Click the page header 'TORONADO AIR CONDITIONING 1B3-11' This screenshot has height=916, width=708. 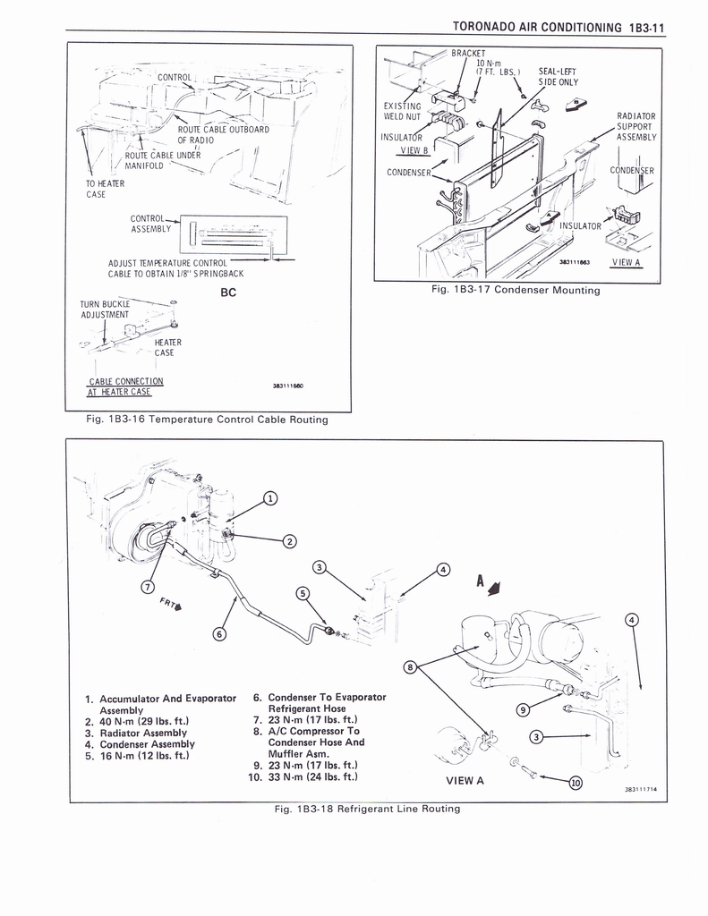[x=559, y=27]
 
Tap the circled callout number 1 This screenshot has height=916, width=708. [x=269, y=498]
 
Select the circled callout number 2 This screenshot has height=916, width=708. [x=289, y=541]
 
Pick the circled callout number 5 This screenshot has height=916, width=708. [x=303, y=594]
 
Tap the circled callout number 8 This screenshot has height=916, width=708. [x=411, y=666]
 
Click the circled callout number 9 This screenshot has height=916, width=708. [x=524, y=709]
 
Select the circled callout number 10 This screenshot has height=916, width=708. [x=576, y=783]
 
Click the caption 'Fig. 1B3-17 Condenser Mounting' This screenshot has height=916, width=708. [x=516, y=290]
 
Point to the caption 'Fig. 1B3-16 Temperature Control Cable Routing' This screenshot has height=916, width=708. [x=207, y=420]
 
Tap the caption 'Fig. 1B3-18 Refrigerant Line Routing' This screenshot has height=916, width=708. [x=367, y=809]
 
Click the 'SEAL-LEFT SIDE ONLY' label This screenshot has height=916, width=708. [x=558, y=77]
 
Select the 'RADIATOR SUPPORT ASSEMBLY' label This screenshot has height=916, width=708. [x=636, y=127]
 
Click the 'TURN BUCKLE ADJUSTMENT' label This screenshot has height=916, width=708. [x=106, y=310]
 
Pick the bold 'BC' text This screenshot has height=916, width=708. [x=228, y=293]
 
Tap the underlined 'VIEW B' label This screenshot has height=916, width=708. [x=414, y=150]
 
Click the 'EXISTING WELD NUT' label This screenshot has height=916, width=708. [x=402, y=111]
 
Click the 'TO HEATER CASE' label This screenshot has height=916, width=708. [x=105, y=189]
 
